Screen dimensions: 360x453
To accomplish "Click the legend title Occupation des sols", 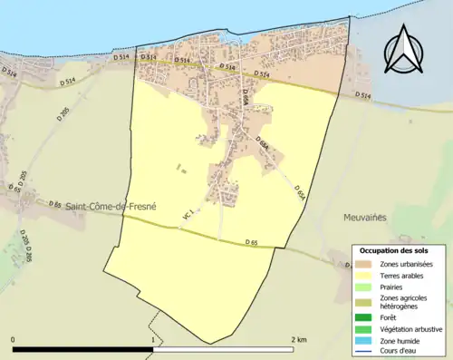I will [x=395, y=249].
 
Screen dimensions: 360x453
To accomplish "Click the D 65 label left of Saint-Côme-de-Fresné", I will [x=51, y=207].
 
